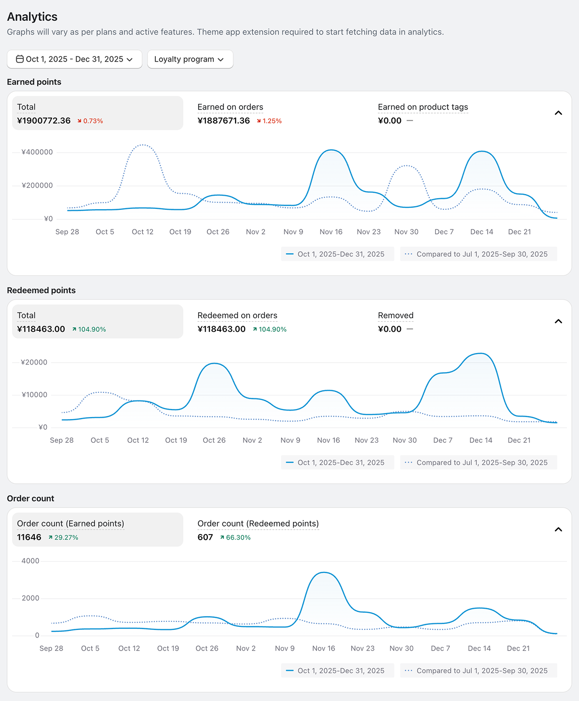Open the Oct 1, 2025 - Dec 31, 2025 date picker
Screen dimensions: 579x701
(75, 59)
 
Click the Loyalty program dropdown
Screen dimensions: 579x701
(190, 59)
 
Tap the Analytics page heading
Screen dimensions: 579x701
(32, 17)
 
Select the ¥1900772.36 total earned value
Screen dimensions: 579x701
(44, 121)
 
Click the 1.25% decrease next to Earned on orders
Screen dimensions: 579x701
(269, 121)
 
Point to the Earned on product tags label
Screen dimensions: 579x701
(423, 107)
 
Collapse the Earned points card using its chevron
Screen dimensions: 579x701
(558, 113)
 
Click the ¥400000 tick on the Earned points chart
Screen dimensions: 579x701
(37, 152)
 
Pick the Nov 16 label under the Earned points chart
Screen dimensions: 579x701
(331, 231)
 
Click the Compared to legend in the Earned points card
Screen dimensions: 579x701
(479, 254)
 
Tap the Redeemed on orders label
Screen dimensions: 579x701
(238, 315)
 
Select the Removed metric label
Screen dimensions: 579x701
(395, 315)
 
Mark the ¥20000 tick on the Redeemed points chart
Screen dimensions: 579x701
(34, 362)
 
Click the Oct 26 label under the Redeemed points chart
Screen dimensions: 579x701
(214, 440)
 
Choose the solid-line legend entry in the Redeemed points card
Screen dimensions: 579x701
(337, 462)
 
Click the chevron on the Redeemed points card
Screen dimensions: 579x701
(558, 321)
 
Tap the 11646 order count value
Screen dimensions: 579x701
(29, 537)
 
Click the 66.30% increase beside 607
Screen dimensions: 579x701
(236, 538)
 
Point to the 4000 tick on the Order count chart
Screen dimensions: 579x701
(30, 561)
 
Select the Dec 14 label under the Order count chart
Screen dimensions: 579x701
(479, 648)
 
